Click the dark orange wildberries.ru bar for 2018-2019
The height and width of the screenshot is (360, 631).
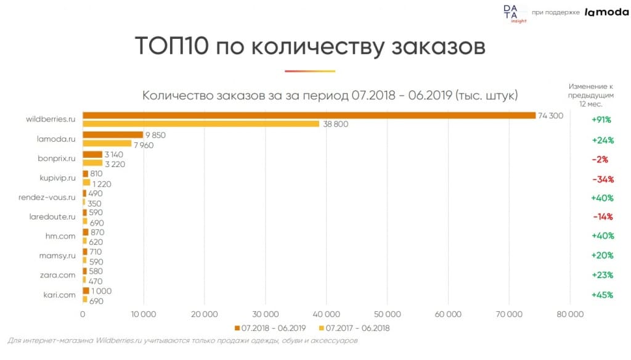click(308, 115)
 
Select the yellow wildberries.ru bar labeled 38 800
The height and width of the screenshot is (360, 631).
click(201, 124)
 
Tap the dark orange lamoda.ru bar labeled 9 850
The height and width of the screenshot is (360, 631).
click(113, 134)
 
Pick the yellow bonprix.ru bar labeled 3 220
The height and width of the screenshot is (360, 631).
click(92, 163)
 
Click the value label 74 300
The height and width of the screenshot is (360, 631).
click(551, 116)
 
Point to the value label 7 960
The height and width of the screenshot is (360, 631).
click(143, 145)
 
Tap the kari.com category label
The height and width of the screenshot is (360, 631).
click(59, 294)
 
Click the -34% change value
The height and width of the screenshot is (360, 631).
click(600, 179)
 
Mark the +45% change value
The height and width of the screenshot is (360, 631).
click(602, 295)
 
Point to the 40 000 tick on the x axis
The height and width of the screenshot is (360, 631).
click(325, 314)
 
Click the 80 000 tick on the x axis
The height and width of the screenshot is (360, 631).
click(569, 314)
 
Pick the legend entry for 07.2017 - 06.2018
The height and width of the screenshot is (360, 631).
click(353, 329)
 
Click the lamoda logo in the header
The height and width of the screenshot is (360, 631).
click(606, 12)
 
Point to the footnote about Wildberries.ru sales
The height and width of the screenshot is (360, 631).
click(183, 340)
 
